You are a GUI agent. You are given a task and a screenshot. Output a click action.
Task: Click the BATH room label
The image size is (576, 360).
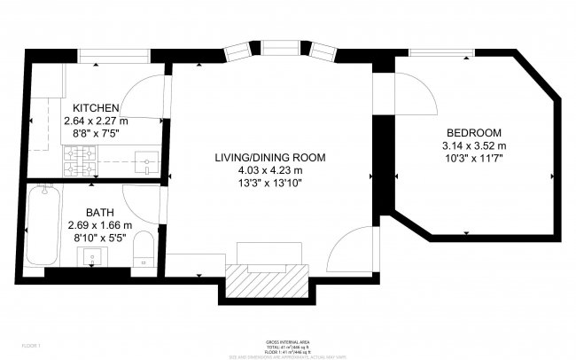(x=98, y=212)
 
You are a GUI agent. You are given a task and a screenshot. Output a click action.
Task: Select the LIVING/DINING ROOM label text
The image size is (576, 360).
(x=269, y=158)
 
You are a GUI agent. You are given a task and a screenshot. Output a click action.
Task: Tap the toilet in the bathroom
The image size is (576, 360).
(x=145, y=251)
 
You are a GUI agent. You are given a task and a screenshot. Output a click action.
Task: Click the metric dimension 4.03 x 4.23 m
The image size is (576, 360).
(x=269, y=170)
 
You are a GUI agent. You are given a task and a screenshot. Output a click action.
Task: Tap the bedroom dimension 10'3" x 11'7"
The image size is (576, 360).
(x=474, y=158)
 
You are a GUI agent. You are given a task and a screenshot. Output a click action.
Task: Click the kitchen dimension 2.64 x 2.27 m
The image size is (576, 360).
(x=96, y=121)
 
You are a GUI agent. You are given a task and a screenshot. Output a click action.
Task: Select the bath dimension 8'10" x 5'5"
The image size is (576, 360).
(x=98, y=238)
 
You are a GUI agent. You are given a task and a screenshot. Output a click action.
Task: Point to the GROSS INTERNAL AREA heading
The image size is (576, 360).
(x=288, y=340)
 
